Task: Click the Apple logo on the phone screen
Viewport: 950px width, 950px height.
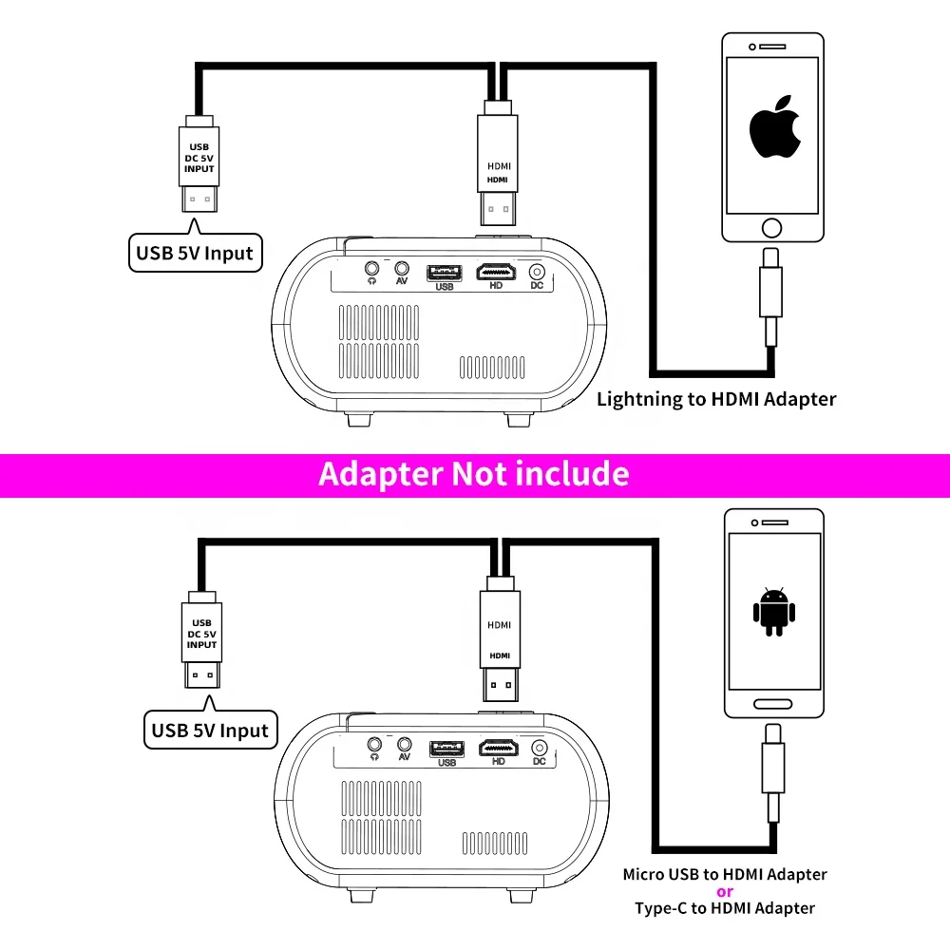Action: point(771,126)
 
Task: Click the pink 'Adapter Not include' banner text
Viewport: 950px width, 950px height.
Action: point(474,473)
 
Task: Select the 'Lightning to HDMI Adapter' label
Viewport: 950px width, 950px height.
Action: point(716,399)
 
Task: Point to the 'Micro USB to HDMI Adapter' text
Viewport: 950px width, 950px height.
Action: point(725,874)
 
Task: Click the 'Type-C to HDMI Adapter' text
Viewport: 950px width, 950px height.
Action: point(725,908)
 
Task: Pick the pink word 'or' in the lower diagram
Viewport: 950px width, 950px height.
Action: point(725,891)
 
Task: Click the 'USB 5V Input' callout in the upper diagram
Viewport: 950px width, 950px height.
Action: point(195,253)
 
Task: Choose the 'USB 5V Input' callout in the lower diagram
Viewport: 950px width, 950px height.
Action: point(210,731)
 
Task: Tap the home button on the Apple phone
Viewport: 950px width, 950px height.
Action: point(772,227)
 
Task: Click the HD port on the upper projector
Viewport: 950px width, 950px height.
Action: point(496,273)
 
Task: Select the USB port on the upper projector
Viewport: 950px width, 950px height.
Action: point(445,274)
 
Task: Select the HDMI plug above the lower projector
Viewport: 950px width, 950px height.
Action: point(499,636)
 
